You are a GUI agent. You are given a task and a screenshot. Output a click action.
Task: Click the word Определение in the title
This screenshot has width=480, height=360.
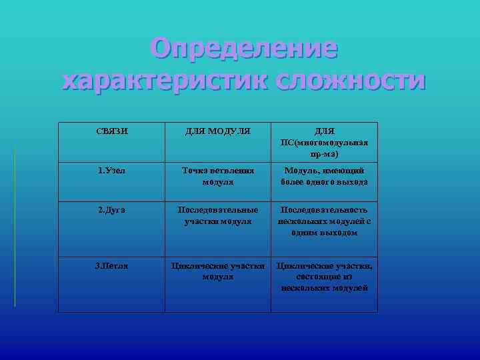[244, 49]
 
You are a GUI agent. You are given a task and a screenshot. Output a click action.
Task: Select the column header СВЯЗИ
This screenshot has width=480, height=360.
[111, 132]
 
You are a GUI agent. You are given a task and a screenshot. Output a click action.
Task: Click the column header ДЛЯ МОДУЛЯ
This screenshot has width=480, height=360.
[217, 132]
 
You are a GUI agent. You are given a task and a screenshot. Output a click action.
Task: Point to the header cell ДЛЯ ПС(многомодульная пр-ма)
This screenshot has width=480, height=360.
[324, 143]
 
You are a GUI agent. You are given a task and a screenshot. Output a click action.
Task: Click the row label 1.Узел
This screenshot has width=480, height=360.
[111, 171]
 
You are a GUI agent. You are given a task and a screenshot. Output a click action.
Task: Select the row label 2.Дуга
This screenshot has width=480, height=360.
[111, 210]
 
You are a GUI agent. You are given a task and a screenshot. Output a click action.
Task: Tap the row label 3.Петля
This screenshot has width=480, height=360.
[111, 266]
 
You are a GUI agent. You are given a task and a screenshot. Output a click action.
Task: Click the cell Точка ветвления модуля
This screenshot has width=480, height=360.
[217, 176]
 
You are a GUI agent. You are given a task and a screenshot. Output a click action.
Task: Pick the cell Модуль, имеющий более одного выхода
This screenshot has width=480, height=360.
[324, 176]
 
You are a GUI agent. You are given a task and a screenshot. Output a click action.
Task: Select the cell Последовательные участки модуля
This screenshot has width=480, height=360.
[217, 215]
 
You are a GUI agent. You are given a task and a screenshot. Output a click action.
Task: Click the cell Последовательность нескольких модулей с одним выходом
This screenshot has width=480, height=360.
[324, 221]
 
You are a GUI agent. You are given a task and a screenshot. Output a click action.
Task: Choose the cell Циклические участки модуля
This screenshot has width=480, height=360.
[217, 271]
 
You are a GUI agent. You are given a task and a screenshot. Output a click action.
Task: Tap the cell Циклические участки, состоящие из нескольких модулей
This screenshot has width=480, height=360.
[324, 277]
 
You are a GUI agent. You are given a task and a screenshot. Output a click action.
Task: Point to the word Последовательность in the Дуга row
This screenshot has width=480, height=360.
[324, 210]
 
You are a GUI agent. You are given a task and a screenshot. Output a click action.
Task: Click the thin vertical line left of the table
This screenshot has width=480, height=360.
[15, 227]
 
